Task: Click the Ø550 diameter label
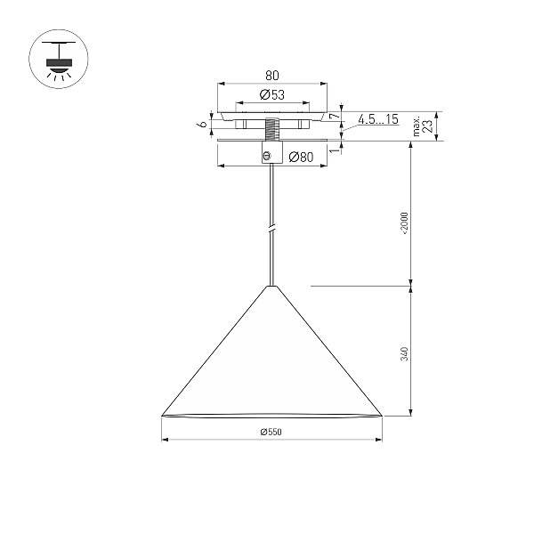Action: pos(271,432)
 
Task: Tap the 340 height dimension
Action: pos(404,354)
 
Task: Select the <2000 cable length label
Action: pos(404,223)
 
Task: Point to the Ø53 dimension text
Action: pos(272,94)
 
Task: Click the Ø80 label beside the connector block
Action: pos(301,157)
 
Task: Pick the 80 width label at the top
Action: pos(272,76)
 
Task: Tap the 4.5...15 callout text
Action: pos(378,119)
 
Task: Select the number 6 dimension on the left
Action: pos(203,124)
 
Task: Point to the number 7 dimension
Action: pos(336,117)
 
